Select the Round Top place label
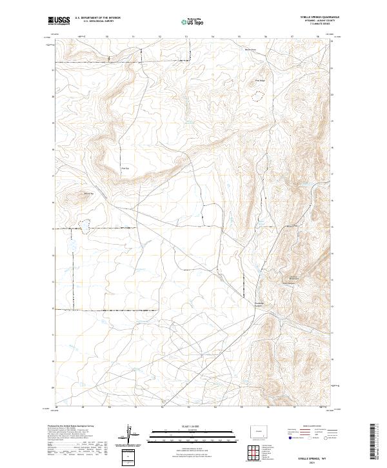(90, 192)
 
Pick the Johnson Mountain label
(292, 279)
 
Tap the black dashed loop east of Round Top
(83, 227)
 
